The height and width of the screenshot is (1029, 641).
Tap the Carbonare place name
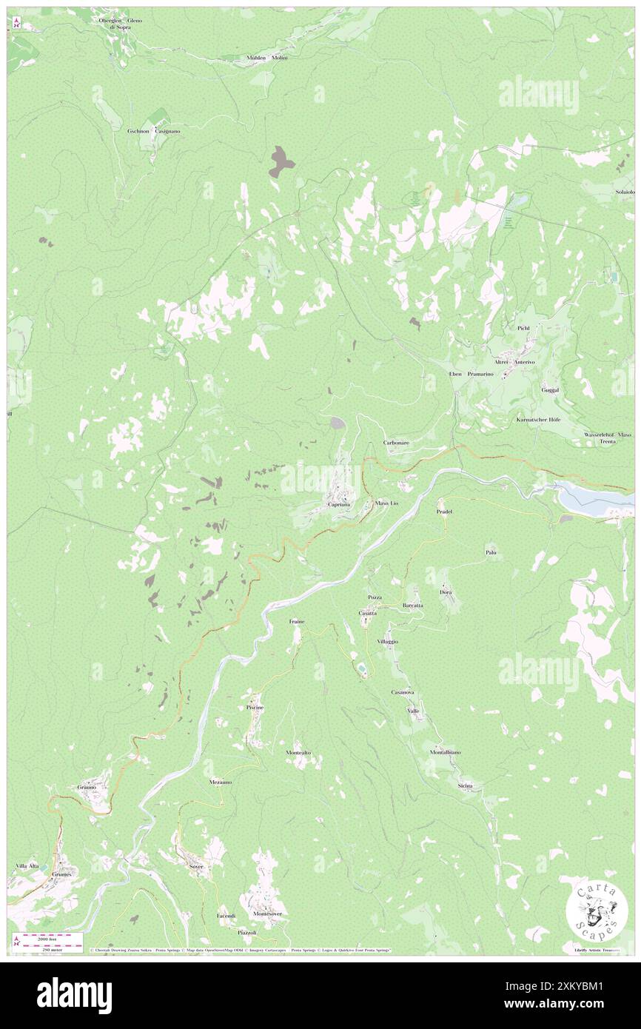coord(397,442)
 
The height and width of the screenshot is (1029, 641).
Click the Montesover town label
coord(267,914)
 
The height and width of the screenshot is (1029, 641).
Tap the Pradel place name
coord(444,512)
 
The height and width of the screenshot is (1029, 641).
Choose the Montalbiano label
coord(445,752)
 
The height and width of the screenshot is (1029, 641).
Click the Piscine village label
coord(255,708)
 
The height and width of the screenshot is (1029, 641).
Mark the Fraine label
coord(296,622)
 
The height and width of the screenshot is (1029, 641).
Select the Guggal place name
coord(550,389)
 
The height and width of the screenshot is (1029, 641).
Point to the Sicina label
coord(465,785)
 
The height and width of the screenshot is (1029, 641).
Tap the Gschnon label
coord(138,130)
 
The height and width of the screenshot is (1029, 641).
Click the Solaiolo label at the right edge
coord(625,192)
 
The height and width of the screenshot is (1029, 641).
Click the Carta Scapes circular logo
coord(597,909)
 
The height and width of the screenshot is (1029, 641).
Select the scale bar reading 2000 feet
coord(46,938)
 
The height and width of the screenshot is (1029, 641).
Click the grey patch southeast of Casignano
coord(281,161)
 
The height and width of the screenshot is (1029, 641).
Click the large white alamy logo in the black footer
coord(74,996)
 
